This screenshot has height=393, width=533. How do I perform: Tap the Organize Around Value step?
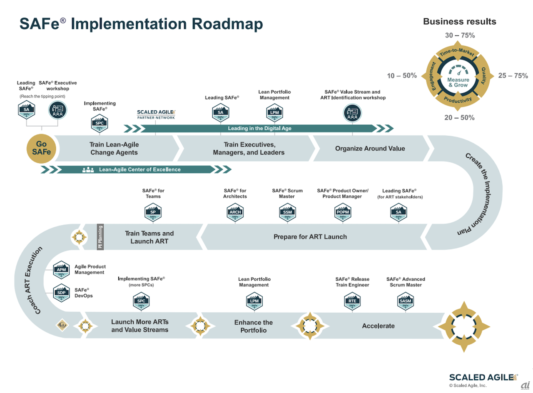[x=370, y=148]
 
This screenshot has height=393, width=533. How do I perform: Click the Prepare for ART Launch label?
[x=310, y=236]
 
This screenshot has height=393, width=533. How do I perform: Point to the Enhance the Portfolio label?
[x=253, y=326]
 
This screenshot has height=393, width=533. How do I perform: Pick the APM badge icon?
[x=61, y=269]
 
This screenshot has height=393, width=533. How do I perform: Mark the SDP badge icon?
[x=61, y=293]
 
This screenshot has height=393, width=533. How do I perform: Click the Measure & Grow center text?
[x=458, y=82]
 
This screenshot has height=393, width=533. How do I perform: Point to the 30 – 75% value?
[x=460, y=35]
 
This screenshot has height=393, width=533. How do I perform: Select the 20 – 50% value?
[x=460, y=118]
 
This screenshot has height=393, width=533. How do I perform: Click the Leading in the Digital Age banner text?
[x=259, y=128]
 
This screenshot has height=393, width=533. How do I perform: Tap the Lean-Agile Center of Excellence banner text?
[x=139, y=169]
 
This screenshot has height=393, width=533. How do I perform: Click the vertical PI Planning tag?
[x=100, y=237]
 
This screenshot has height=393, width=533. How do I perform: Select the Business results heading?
[x=459, y=22]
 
